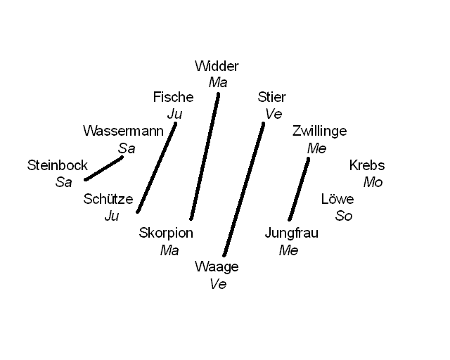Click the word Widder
[x=217, y=67]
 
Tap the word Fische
[x=173, y=98]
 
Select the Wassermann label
[x=123, y=131]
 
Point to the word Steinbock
[x=58, y=166]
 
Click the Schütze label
[x=108, y=199]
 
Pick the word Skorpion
[x=166, y=233]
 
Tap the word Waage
[x=217, y=267]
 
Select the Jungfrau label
[x=291, y=233]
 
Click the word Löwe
[x=337, y=199]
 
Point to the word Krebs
[x=367, y=166]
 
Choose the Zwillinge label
[x=319, y=131]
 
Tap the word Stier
[x=271, y=98]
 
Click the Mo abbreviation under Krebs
[x=373, y=182]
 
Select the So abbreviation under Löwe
[x=344, y=216]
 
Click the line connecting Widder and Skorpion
[x=204, y=156]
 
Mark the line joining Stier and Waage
[x=243, y=190]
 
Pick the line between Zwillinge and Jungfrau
[x=299, y=189]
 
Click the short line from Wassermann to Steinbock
[x=104, y=168]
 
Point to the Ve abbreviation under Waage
[x=218, y=284]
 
